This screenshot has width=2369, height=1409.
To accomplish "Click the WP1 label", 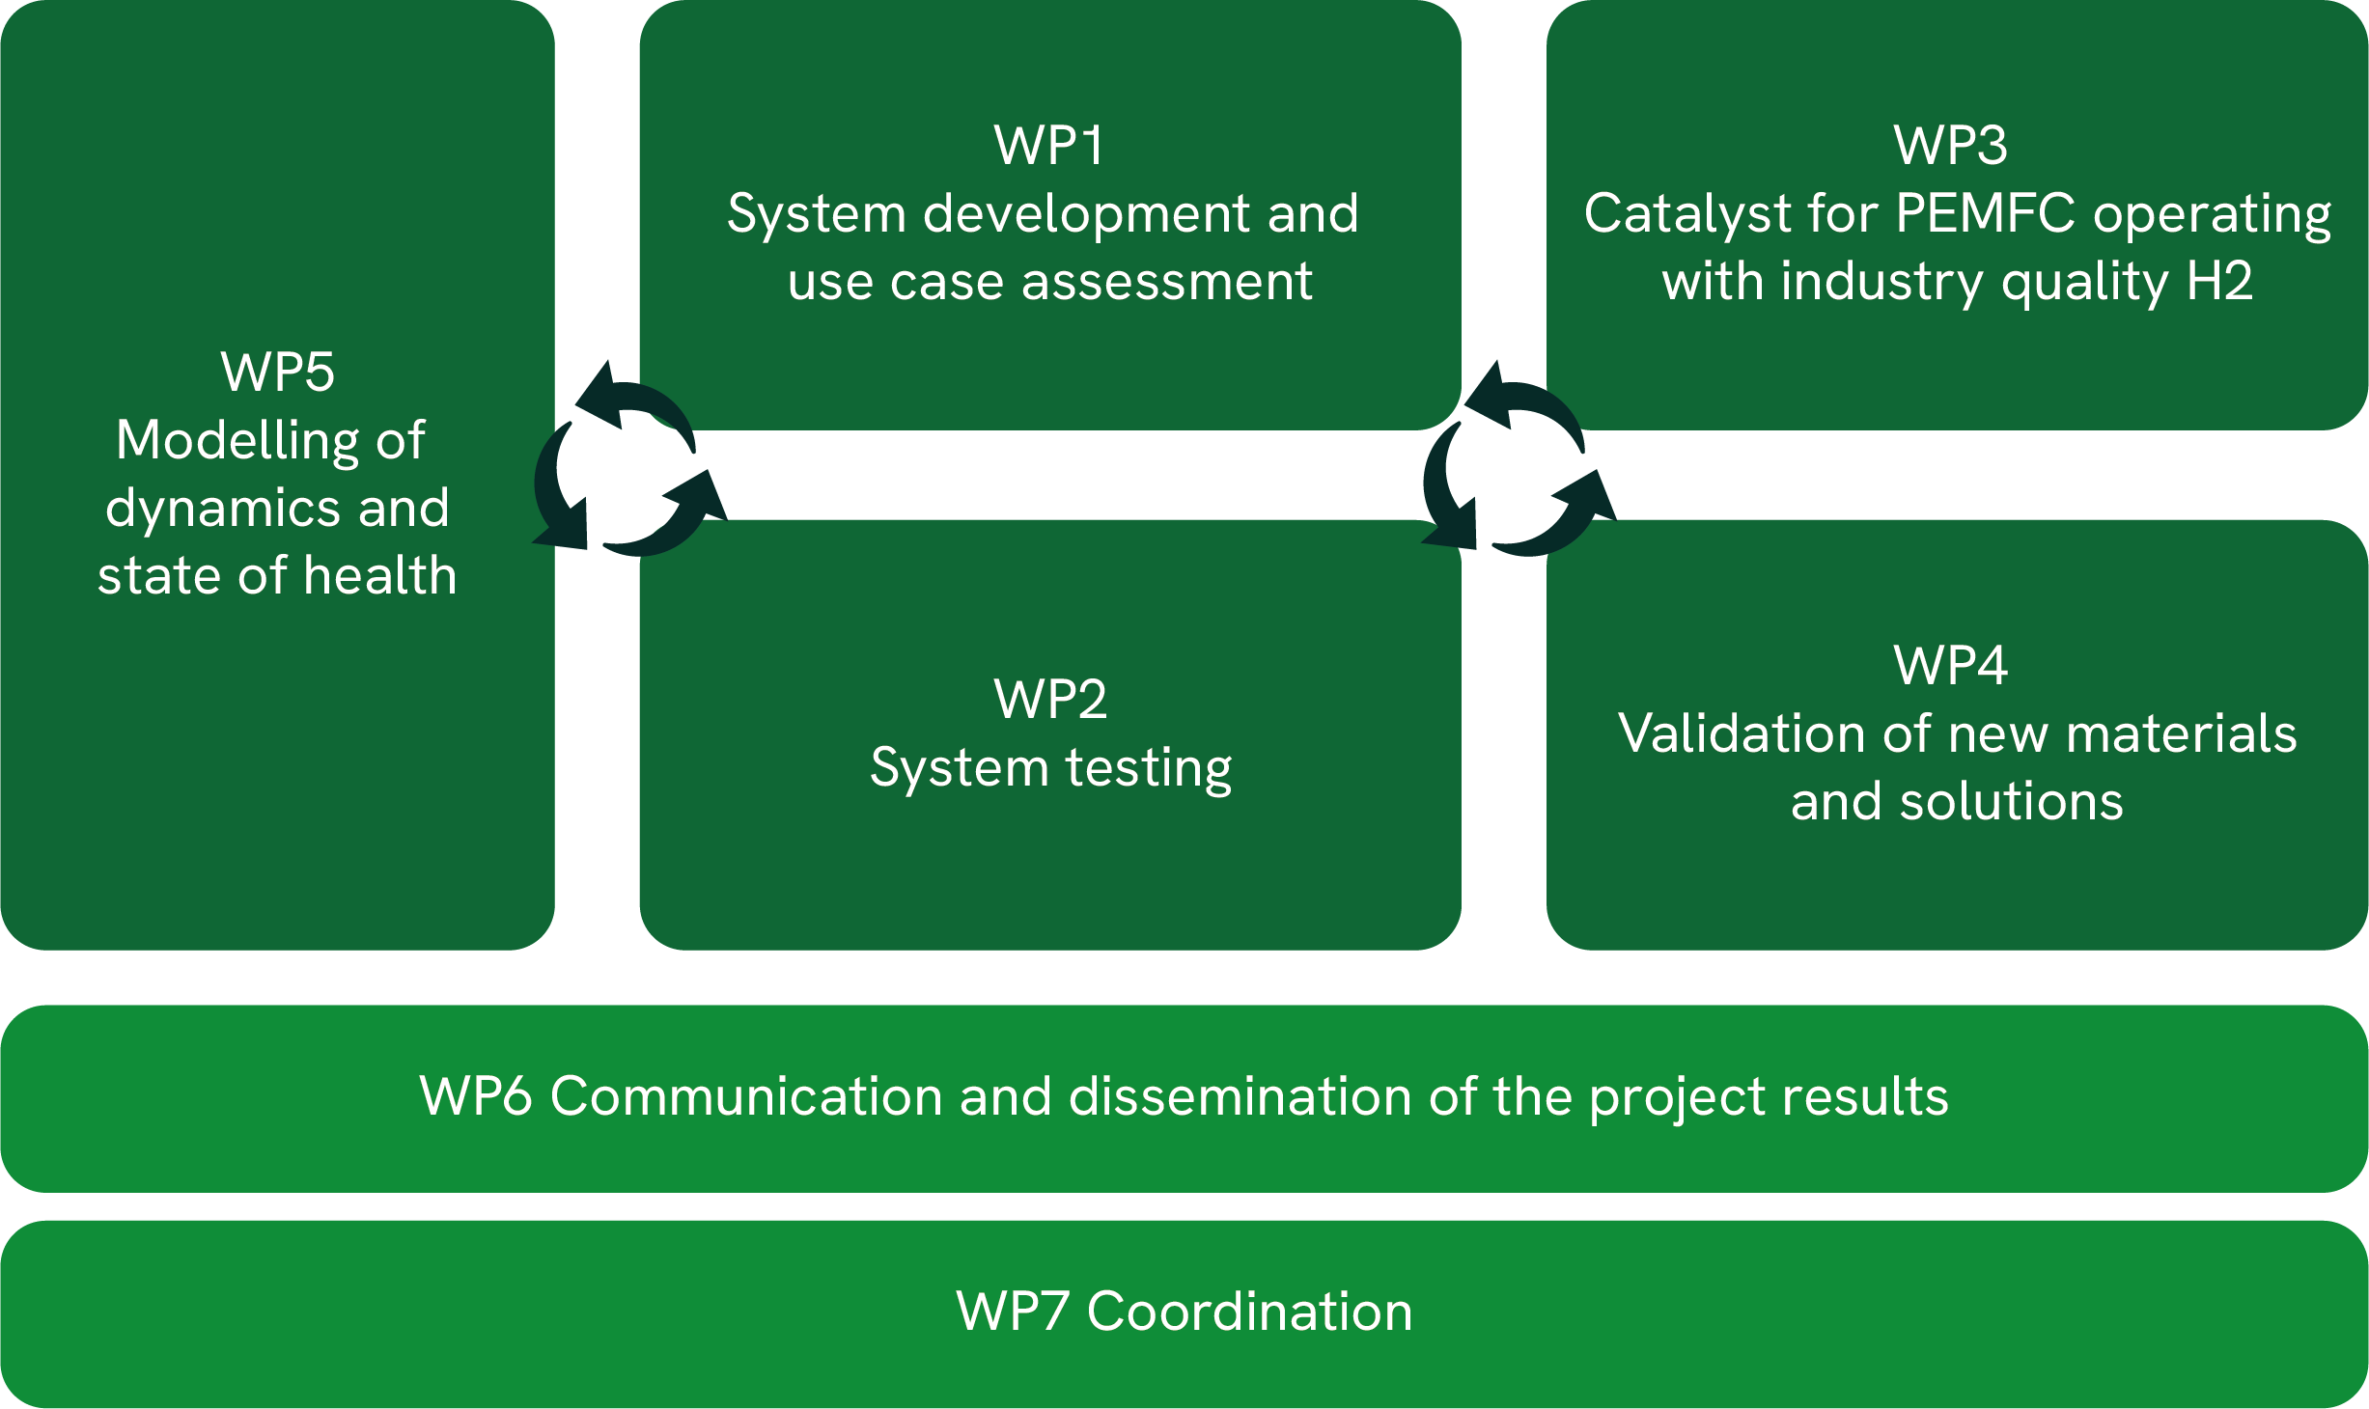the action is pyautogui.click(x=1049, y=146).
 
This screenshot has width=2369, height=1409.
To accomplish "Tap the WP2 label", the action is pyautogui.click(x=1050, y=699).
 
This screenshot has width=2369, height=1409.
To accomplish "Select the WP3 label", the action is pyautogui.click(x=1951, y=146).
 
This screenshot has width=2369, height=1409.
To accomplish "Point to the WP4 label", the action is pyautogui.click(x=1951, y=666).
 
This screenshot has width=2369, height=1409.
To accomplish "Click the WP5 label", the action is pyautogui.click(x=278, y=373).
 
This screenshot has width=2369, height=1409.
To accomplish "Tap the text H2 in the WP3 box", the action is pyautogui.click(x=2219, y=281).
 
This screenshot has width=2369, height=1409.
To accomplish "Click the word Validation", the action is pyautogui.click(x=1742, y=733).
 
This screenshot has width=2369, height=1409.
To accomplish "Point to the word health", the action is pyautogui.click(x=379, y=575).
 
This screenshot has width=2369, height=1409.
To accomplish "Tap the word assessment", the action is pyautogui.click(x=1167, y=283).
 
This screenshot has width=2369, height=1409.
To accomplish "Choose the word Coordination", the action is pyautogui.click(x=1250, y=1312).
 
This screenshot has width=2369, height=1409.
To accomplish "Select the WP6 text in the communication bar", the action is pyautogui.click(x=476, y=1096).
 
